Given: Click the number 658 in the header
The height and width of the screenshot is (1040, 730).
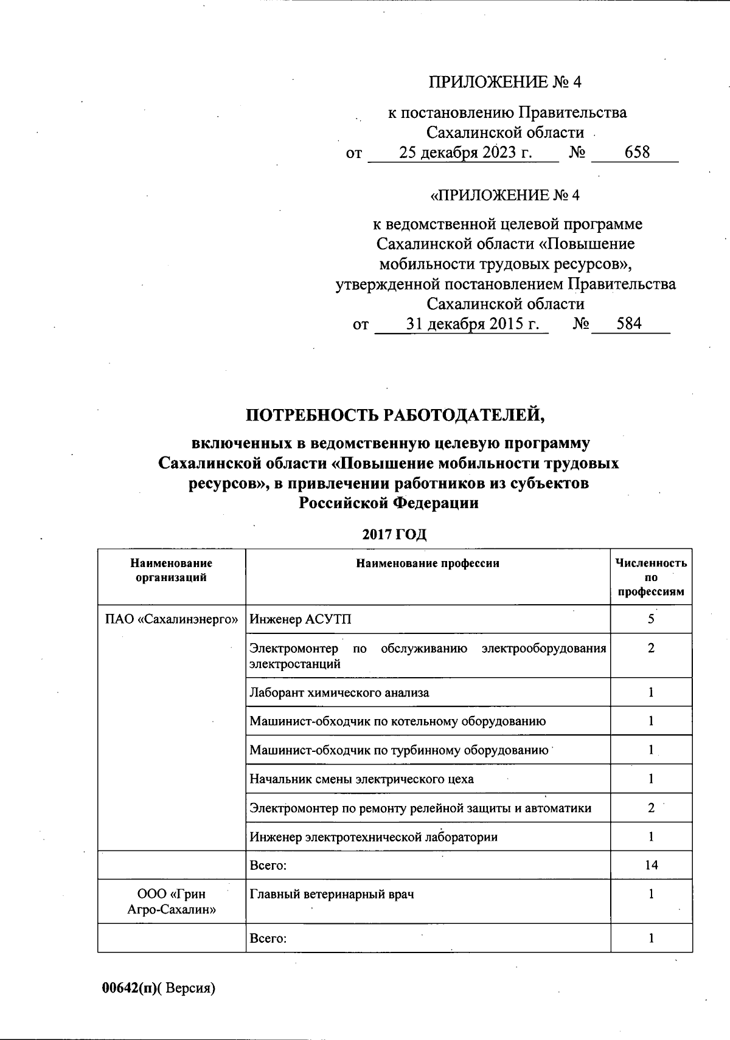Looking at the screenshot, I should [637, 152].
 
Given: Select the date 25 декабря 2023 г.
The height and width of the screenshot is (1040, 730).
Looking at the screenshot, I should [465, 152].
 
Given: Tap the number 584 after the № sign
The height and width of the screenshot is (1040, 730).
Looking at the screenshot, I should [628, 323].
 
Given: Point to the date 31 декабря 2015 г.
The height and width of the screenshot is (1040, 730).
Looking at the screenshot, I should [473, 323].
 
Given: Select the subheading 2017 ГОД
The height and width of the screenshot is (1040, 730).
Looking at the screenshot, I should [394, 535].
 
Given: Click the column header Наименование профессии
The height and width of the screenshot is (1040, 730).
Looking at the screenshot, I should [428, 563].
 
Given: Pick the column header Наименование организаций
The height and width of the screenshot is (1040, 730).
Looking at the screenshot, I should [171, 570].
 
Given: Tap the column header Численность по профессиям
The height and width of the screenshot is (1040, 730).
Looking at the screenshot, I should [651, 577].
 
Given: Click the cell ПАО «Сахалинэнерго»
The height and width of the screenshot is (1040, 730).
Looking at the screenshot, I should [171, 619].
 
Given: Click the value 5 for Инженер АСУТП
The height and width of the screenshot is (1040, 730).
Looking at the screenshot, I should [651, 619].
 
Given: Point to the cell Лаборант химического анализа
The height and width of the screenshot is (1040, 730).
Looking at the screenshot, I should [339, 692].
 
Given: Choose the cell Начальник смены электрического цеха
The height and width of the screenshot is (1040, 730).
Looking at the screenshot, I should [361, 779].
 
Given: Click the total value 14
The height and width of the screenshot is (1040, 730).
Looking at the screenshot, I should [651, 864].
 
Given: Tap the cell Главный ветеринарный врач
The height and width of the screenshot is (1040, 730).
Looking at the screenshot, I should [332, 894].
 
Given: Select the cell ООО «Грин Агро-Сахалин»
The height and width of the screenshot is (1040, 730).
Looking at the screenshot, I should [171, 902].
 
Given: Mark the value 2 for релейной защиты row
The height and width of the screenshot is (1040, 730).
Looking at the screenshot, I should [651, 808].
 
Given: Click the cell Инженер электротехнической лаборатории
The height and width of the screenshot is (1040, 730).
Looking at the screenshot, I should [374, 837].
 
